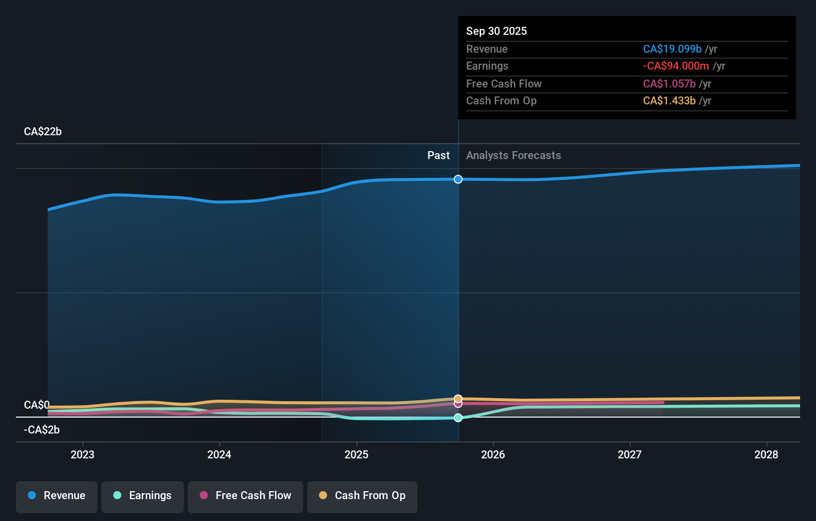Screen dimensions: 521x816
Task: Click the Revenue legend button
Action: click(x=57, y=496)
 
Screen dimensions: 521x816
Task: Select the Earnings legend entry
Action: click(x=143, y=496)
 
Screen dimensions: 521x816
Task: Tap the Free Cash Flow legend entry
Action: click(x=245, y=496)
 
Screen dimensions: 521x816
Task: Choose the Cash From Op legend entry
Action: click(x=362, y=496)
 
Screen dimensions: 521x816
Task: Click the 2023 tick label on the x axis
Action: click(x=82, y=454)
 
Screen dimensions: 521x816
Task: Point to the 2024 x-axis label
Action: click(x=219, y=454)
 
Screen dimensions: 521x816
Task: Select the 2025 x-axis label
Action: click(x=356, y=454)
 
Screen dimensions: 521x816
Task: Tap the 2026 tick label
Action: click(x=493, y=454)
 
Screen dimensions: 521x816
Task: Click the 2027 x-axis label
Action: click(x=630, y=454)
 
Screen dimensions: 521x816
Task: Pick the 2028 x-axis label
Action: click(x=766, y=454)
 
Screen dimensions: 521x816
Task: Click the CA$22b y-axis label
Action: click(x=43, y=132)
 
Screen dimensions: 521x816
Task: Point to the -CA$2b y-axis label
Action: click(x=42, y=430)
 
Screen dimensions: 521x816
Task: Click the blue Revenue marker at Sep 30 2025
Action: click(x=458, y=179)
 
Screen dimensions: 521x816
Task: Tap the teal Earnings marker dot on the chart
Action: click(x=458, y=418)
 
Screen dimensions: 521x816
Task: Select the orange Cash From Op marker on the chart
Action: click(x=458, y=399)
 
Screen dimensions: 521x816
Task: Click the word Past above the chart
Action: click(x=438, y=156)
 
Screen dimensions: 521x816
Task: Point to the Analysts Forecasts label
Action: click(x=513, y=156)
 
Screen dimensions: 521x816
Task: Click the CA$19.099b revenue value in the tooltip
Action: click(x=672, y=49)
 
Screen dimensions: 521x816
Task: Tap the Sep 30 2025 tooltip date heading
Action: click(x=496, y=31)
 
